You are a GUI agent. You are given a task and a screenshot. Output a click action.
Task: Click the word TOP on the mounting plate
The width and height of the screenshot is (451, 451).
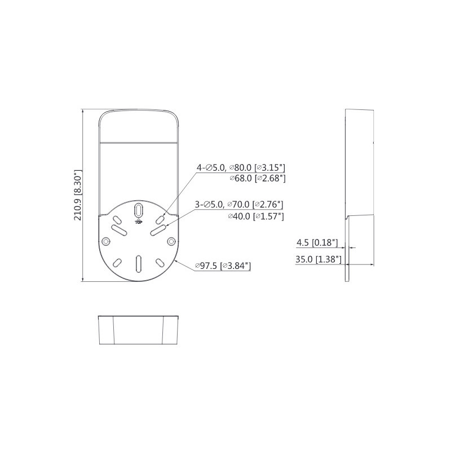pyautogui.click(x=138, y=222)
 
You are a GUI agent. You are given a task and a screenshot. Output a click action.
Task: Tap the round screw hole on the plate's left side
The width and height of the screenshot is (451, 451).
pyautogui.click(x=106, y=241)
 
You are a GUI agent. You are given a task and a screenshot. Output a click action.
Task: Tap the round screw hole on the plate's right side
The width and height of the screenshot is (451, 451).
pyautogui.click(x=171, y=241)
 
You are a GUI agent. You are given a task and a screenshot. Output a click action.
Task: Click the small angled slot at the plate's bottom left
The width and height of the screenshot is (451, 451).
pyautogui.click(x=118, y=262)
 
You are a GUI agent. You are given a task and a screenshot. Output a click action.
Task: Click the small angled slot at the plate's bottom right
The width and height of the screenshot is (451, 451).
pyautogui.click(x=160, y=262)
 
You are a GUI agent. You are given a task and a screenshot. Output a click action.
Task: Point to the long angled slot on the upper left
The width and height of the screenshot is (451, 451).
pyautogui.click(x=118, y=229)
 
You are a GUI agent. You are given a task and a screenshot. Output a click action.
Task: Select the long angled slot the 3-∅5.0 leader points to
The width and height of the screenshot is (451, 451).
pyautogui.click(x=158, y=230)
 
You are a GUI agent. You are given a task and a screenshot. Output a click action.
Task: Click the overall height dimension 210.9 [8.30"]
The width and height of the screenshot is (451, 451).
pyautogui.click(x=79, y=196)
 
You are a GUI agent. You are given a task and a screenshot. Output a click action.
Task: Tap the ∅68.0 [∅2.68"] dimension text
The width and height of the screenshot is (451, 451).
pyautogui.click(x=257, y=179)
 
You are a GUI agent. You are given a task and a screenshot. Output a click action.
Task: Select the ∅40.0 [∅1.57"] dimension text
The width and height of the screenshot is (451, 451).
pyautogui.click(x=255, y=216)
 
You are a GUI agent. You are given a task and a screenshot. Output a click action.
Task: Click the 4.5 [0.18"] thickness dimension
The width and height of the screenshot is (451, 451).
pyautogui.click(x=317, y=243)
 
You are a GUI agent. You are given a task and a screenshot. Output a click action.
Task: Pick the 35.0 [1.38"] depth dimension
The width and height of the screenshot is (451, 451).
pyautogui.click(x=317, y=259)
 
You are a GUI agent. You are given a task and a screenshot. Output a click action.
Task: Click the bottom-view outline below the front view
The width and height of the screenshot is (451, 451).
pyautogui.click(x=139, y=330)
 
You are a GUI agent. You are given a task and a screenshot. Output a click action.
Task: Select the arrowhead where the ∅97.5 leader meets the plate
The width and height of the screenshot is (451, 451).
pyautogui.click(x=176, y=260)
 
